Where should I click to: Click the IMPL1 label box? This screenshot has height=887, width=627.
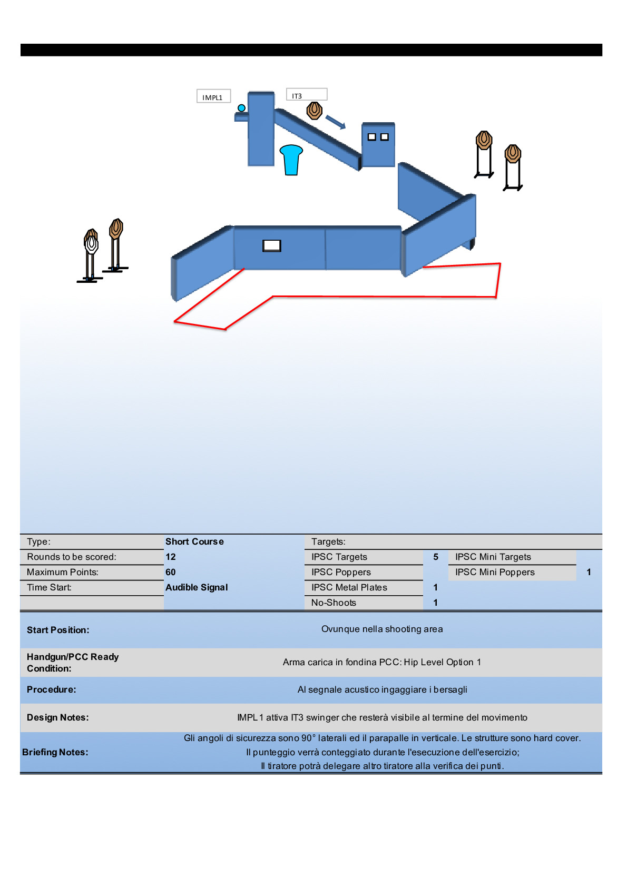pyautogui.click(x=213, y=97)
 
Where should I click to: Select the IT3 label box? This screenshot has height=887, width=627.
pyautogui.click(x=306, y=95)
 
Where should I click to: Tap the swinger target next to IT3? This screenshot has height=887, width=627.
pyautogui.click(x=315, y=111)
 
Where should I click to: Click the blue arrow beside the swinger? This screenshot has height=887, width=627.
pyautogui.click(x=335, y=122)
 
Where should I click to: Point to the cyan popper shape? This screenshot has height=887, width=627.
pyautogui.click(x=291, y=159)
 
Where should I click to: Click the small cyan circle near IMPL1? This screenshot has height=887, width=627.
pyautogui.click(x=241, y=108)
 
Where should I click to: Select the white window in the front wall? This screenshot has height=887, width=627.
pyautogui.click(x=272, y=246)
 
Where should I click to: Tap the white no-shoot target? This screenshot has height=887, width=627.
pyautogui.click(x=92, y=244)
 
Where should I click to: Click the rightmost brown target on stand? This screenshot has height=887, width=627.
pyautogui.click(x=513, y=154)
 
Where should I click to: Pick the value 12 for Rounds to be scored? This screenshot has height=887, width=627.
pyautogui.click(x=171, y=557)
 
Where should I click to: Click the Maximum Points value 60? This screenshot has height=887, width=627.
pyautogui.click(x=171, y=572)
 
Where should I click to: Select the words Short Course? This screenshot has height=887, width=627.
pyautogui.click(x=194, y=541)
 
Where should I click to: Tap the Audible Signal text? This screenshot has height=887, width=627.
pyautogui.click(x=197, y=587)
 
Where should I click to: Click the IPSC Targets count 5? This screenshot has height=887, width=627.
pyautogui.click(x=436, y=557)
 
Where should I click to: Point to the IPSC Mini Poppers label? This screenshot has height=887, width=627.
pyautogui.click(x=495, y=572)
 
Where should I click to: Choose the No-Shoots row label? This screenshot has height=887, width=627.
pyautogui.click(x=334, y=603)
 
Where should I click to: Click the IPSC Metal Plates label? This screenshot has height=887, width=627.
pyautogui.click(x=349, y=587)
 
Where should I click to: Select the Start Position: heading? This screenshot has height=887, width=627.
pyautogui.click(x=58, y=630)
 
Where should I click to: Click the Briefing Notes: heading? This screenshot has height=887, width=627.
pyautogui.click(x=55, y=752)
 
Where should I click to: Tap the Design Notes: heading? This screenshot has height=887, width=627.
pyautogui.click(x=58, y=717)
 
